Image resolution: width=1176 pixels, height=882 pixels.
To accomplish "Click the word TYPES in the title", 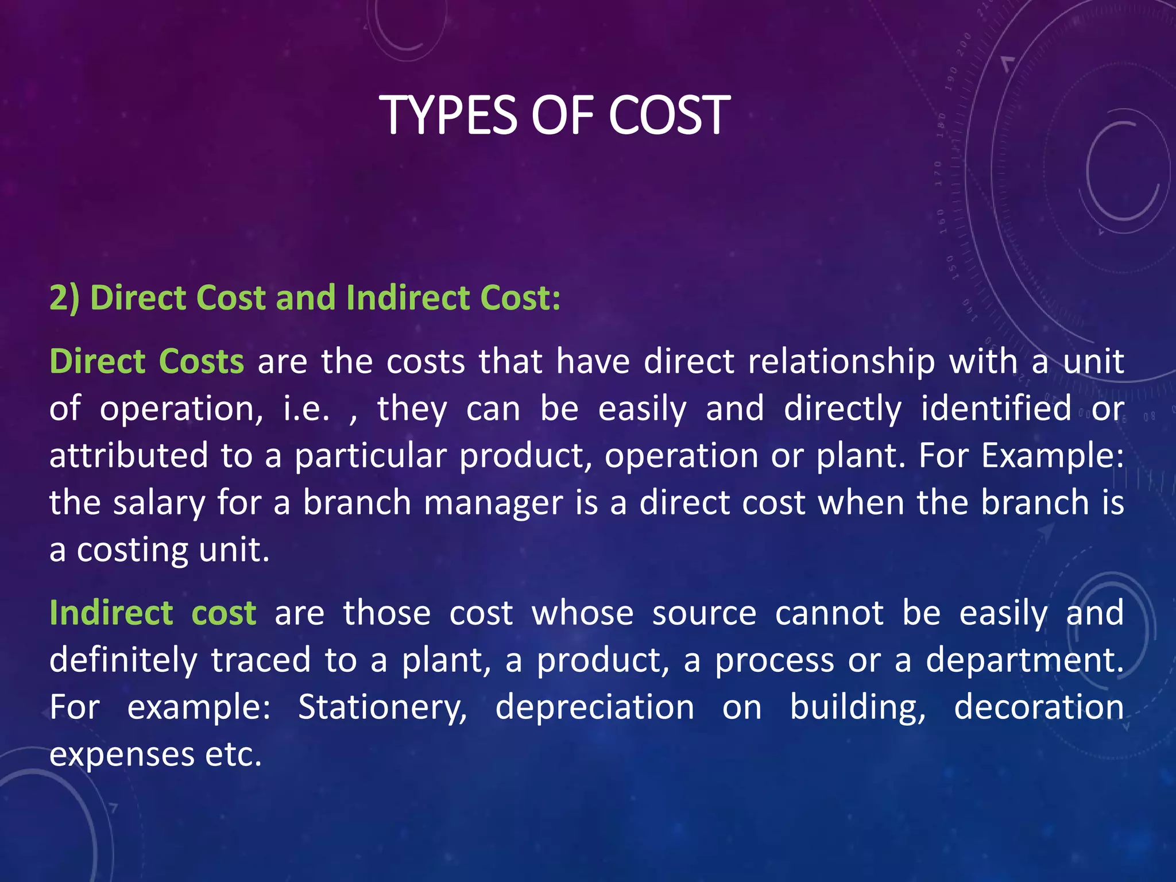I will pyautogui.click(x=450, y=115).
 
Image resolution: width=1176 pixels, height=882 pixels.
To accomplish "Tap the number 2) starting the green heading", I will pyautogui.click(x=64, y=299).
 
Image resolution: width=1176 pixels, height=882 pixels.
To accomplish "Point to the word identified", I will pyautogui.click(x=996, y=409).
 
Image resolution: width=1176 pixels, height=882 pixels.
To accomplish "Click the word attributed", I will pyautogui.click(x=129, y=456).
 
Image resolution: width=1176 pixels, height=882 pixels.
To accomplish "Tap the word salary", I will pyautogui.click(x=158, y=504).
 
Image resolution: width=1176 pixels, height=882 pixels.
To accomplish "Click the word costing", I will pyautogui.click(x=132, y=551).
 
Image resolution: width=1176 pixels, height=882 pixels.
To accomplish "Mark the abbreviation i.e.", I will pyautogui.click(x=307, y=409).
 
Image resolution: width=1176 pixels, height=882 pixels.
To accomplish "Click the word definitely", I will pyautogui.click(x=123, y=660).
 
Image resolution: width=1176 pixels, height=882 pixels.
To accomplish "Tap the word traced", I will pyautogui.click(x=261, y=660).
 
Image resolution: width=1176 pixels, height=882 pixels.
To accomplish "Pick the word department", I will pyautogui.click(x=1024, y=660).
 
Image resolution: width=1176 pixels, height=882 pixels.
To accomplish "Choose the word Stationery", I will pyautogui.click(x=382, y=707).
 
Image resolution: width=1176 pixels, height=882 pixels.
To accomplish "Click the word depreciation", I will pyautogui.click(x=595, y=707).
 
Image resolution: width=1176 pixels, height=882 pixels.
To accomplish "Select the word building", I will pyautogui.click(x=857, y=707).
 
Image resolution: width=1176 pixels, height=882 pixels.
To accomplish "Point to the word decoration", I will pyautogui.click(x=1039, y=707).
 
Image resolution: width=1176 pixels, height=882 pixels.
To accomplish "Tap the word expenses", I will pyautogui.click(x=122, y=755).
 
